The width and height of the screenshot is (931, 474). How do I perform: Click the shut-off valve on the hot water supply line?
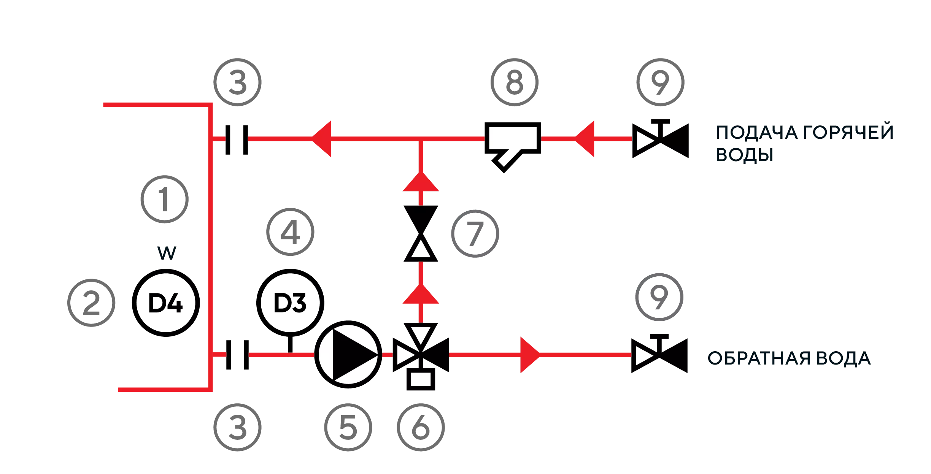coord(661,139)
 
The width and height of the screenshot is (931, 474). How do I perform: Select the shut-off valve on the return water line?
coord(659,354)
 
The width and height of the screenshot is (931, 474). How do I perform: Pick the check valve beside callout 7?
coord(421,234)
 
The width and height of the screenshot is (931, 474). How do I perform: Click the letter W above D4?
coord(167,253)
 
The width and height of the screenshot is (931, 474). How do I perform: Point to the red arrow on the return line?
coord(530,355)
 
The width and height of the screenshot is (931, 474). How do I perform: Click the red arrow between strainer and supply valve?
coord(584,139)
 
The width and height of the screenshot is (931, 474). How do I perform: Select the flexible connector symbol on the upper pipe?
coord(237,140)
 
